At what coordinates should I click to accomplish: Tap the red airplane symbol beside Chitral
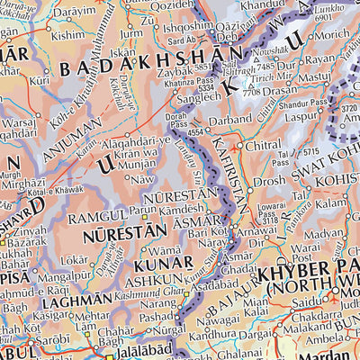tap(238, 145)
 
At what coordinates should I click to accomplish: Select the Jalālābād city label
tap(133, 351)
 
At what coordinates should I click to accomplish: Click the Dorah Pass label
tap(181, 119)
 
